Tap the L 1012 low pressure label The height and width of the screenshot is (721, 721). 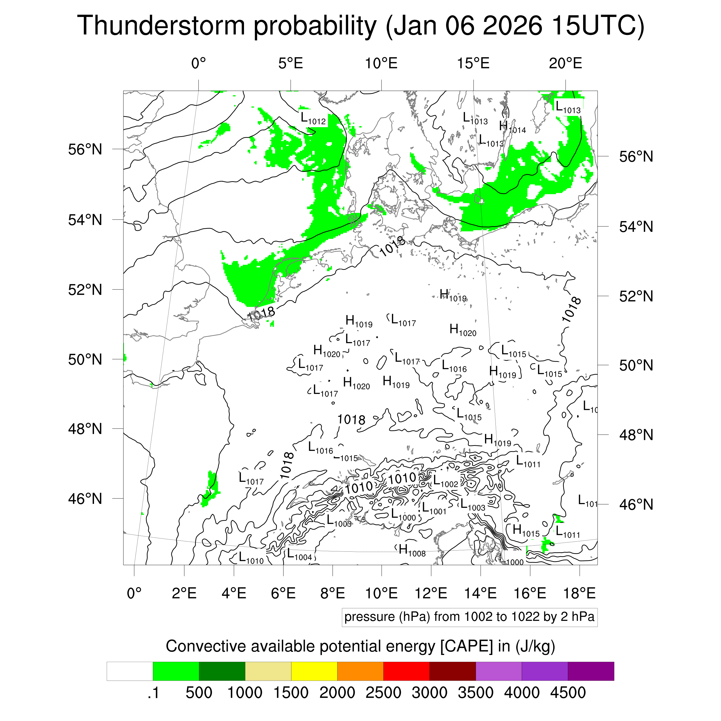pyautogui.click(x=313, y=119)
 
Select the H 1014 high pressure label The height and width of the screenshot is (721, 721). pyautogui.click(x=512, y=127)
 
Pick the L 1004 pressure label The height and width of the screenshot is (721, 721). pyautogui.click(x=299, y=555)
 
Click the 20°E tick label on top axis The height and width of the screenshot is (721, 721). pyautogui.click(x=565, y=63)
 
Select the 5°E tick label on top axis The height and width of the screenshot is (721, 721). pyautogui.click(x=290, y=63)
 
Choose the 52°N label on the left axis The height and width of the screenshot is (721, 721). pyautogui.click(x=85, y=290)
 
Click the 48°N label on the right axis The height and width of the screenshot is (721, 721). pyautogui.click(x=636, y=435)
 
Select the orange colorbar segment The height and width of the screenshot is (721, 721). pyautogui.click(x=360, y=671)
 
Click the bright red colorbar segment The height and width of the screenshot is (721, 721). pyautogui.click(x=406, y=671)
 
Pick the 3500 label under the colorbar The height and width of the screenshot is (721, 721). pyautogui.click(x=476, y=693)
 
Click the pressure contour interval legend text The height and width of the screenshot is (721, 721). pyautogui.click(x=469, y=617)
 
